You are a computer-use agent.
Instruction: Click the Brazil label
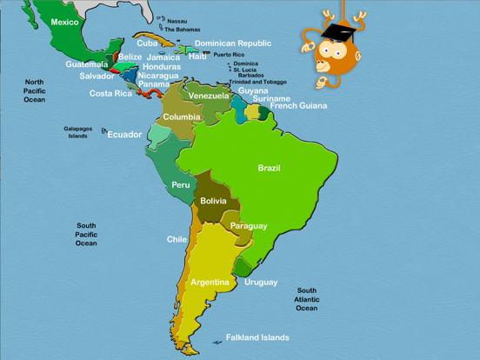(x=269, y=168)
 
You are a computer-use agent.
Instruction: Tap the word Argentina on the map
(x=210, y=282)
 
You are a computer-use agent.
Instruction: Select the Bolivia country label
(x=213, y=201)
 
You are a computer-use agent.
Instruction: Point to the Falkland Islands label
(x=257, y=337)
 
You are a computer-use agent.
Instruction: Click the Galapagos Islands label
(x=77, y=132)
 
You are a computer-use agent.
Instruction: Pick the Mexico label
(x=64, y=22)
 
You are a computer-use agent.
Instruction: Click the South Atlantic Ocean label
(x=306, y=299)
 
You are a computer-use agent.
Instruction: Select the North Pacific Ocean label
(x=35, y=90)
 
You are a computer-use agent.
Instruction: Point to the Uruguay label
(x=261, y=282)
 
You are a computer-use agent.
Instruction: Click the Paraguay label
(x=249, y=226)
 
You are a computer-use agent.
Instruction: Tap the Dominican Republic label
(x=232, y=43)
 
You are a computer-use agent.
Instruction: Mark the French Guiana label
(x=298, y=106)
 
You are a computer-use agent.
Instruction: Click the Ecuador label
(x=124, y=135)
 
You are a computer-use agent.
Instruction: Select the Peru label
(x=181, y=184)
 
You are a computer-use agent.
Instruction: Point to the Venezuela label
(x=209, y=96)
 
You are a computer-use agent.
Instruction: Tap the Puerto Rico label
(x=229, y=54)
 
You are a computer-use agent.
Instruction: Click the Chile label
(x=177, y=239)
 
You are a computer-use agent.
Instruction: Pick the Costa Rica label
(x=110, y=93)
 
